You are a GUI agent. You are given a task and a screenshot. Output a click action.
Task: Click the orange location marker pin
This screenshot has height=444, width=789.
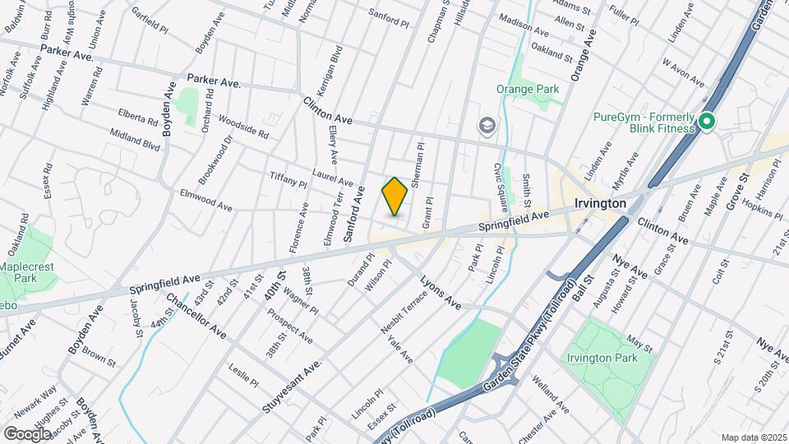tap(394, 197)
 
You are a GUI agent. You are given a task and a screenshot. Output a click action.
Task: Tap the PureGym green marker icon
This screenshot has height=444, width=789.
tap(706, 123)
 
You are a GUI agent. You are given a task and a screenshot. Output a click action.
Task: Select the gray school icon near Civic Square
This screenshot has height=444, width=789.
tap(487, 125)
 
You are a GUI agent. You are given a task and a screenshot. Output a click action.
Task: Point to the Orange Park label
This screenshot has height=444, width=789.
tap(528, 89)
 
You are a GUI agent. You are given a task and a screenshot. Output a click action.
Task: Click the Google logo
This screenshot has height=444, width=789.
tap(28, 433)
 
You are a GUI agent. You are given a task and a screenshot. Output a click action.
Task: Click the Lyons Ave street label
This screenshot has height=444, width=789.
tap(441, 292)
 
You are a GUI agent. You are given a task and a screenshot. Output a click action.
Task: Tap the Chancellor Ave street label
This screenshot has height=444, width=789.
tap(196, 316)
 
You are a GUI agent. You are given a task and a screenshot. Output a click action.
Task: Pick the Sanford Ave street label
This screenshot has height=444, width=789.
tap(354, 213)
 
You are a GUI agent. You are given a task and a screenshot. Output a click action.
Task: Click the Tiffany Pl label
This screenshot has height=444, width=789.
tap(288, 179)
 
